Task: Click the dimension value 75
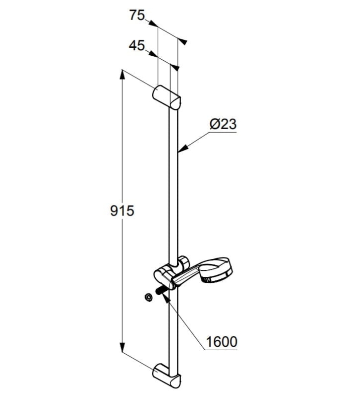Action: [x=137, y=15]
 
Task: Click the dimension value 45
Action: [x=137, y=46]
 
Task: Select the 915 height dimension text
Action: [x=122, y=211]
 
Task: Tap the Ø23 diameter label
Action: [x=223, y=124]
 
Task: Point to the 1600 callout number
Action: [x=221, y=342]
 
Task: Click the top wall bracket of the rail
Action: [x=167, y=97]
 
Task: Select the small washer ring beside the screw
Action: [x=148, y=297]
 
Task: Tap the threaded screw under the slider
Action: [x=160, y=291]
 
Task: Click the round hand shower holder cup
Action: [x=216, y=272]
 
